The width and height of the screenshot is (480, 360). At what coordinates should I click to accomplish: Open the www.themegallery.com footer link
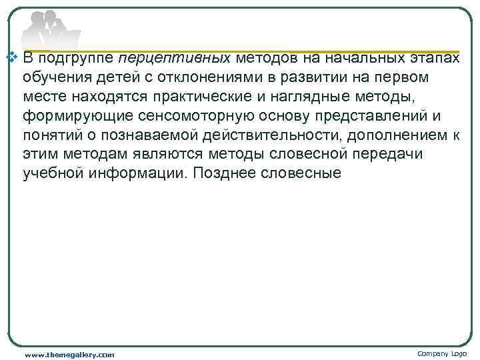click(x=69, y=354)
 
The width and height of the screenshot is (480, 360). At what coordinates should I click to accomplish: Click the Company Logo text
click(x=442, y=353)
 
